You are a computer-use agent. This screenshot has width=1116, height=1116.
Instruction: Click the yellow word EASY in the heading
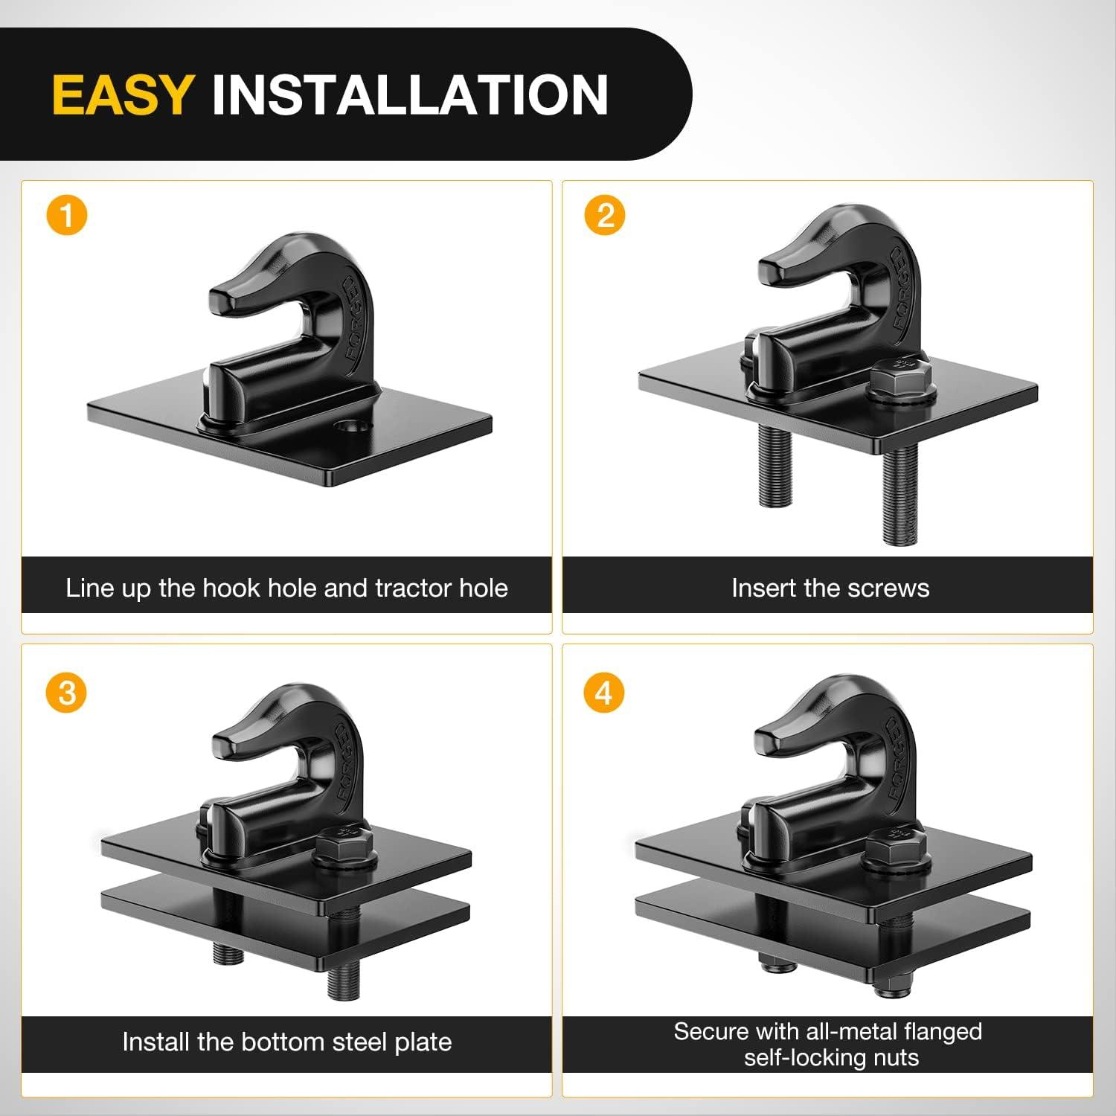(x=124, y=94)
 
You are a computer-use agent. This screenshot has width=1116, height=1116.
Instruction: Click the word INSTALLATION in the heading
(x=410, y=94)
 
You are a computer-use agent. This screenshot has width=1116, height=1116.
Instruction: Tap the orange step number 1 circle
(x=67, y=216)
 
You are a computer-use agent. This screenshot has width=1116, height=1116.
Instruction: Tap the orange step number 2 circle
(x=605, y=216)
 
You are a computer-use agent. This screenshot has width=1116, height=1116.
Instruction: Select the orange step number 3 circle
(x=67, y=693)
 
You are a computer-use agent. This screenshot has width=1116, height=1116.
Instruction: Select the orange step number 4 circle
(x=604, y=693)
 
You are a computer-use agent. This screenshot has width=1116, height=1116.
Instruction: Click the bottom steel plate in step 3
(x=286, y=923)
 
